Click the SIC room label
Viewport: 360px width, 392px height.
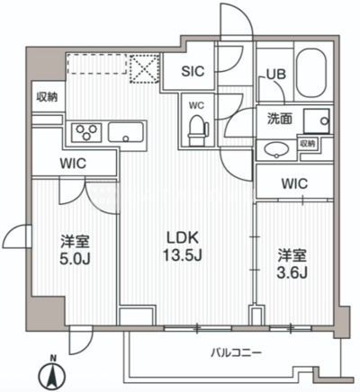pos(193,71)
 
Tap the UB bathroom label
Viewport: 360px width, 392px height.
pos(276,74)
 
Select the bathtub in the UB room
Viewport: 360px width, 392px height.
pos(310,74)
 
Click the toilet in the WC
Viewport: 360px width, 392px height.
pos(198,130)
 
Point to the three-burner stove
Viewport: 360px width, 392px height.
pos(86,132)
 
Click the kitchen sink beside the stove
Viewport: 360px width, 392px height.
pos(125,132)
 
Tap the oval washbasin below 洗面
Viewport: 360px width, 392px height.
pos(276,149)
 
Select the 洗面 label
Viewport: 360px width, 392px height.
pos(280,120)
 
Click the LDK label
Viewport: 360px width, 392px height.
pos(183,238)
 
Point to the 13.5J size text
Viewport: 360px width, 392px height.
pos(183,255)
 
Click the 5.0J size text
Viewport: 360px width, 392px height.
pos(75,260)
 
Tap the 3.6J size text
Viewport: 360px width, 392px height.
pos(292,272)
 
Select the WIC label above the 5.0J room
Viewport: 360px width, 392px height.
pos(73,164)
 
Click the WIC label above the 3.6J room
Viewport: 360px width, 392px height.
pos(294,183)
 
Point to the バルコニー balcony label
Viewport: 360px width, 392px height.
pos(236,352)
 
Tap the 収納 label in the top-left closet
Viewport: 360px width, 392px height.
pos(47,97)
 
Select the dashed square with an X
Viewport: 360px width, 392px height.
pos(144,68)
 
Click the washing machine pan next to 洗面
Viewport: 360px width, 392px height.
pos(317,121)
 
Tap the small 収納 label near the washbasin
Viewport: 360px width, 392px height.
pos(308,144)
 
